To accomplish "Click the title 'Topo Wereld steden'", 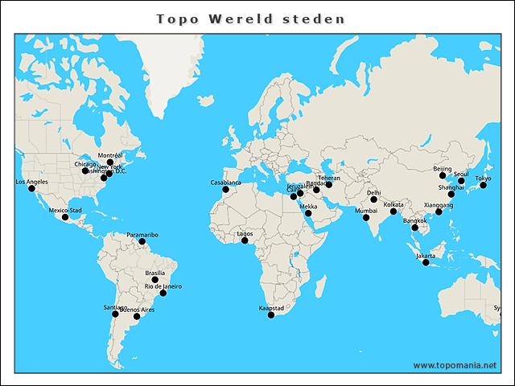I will pos(250,18).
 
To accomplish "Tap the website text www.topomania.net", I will pos(455,366).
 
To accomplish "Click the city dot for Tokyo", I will pos(484,186).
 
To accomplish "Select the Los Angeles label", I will pos(32,182).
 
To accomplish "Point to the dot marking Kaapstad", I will pos(271,315).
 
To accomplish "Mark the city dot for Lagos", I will pos(245,240).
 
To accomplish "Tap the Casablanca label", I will pos(226,183).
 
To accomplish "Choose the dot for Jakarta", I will pos(426,263).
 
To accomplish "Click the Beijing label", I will pos(443,169).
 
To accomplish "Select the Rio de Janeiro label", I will pos(163,286).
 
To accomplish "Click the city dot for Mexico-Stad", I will pos(65,218).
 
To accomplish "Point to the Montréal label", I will pos(110,154).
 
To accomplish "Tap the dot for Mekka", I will pos(308,213).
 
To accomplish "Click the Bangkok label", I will pos(415,220).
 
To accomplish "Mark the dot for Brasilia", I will pos(155,281).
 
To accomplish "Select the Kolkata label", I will pos(393,204).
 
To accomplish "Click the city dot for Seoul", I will pos(461,182).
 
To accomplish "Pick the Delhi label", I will pos(374,193).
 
